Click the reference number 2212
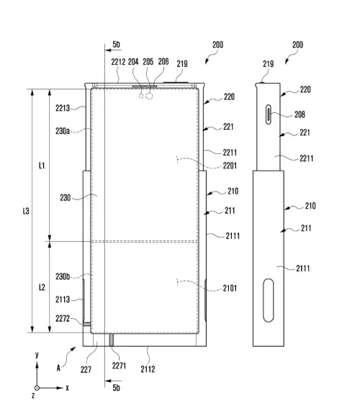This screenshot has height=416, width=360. click(x=119, y=62)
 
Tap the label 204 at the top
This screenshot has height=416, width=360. click(x=134, y=62)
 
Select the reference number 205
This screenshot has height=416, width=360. click(x=148, y=62)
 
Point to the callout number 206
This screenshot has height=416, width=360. click(x=163, y=62)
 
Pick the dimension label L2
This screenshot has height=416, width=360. click(x=42, y=287)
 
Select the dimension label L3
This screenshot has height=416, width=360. click(x=25, y=211)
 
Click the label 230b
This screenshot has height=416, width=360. click(x=63, y=276)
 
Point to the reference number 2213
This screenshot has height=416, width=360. click(x=63, y=108)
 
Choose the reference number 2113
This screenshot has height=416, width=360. click(x=63, y=299)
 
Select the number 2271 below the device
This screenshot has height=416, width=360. click(x=120, y=366)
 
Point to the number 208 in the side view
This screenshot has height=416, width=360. click(x=299, y=114)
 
